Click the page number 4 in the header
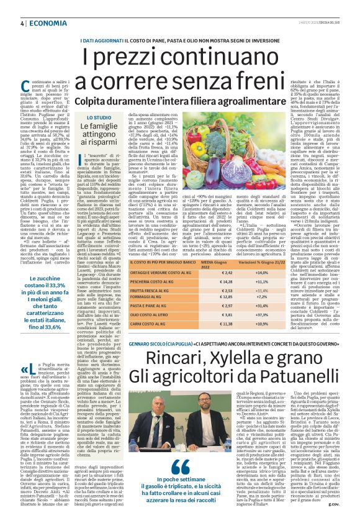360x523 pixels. tap(21, 23)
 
